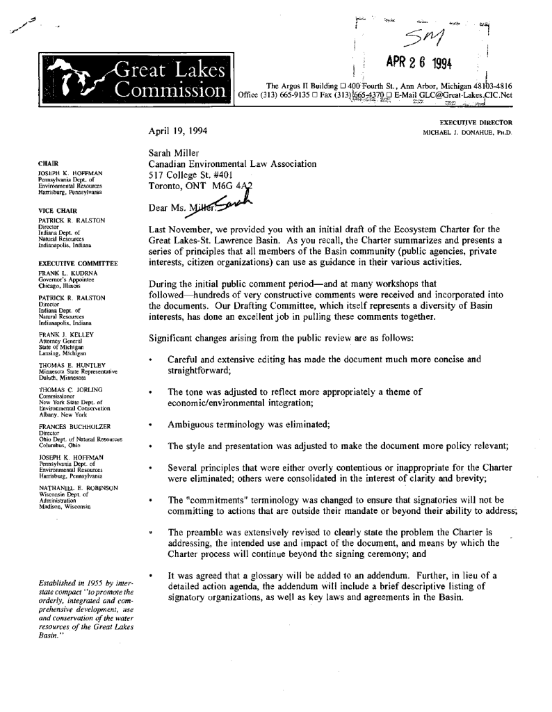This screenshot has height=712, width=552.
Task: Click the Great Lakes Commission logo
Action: [x=135, y=81]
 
